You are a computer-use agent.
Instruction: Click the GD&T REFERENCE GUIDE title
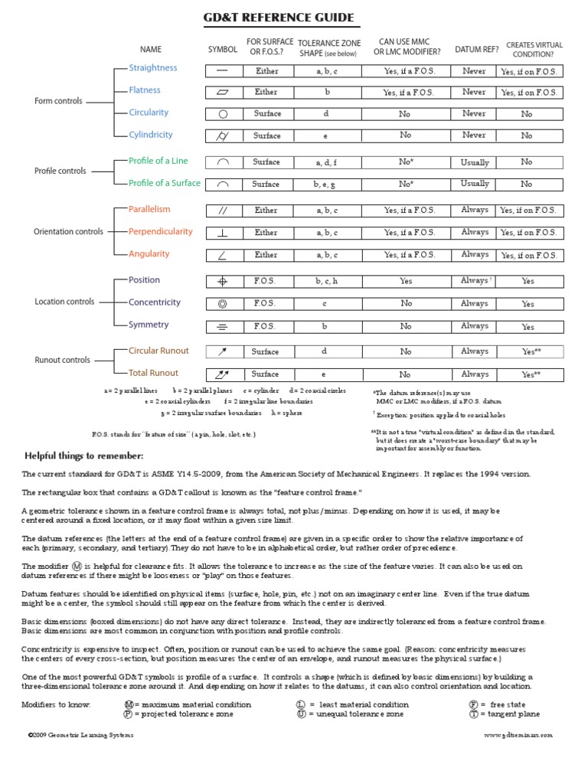[x=279, y=18]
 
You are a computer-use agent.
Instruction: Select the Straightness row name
[x=152, y=68]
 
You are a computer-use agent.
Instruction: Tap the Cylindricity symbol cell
[x=223, y=136]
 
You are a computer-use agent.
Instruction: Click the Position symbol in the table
[x=223, y=281]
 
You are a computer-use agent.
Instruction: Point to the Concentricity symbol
[x=223, y=304]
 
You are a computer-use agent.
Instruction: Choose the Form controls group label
[x=58, y=101]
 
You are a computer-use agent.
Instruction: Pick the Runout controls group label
[x=63, y=360]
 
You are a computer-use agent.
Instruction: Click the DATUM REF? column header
[x=476, y=50]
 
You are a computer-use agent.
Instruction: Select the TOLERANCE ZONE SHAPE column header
[x=329, y=48]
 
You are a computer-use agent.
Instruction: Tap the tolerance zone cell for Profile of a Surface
[x=326, y=185]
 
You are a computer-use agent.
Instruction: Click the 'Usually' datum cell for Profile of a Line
[x=475, y=162]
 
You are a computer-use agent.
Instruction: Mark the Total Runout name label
[x=153, y=373]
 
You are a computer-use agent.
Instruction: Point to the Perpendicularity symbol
[x=223, y=232]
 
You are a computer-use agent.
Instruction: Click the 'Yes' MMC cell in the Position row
[x=406, y=281]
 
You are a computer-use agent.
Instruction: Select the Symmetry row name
[x=149, y=325]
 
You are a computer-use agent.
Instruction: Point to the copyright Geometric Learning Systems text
[x=80, y=735]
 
